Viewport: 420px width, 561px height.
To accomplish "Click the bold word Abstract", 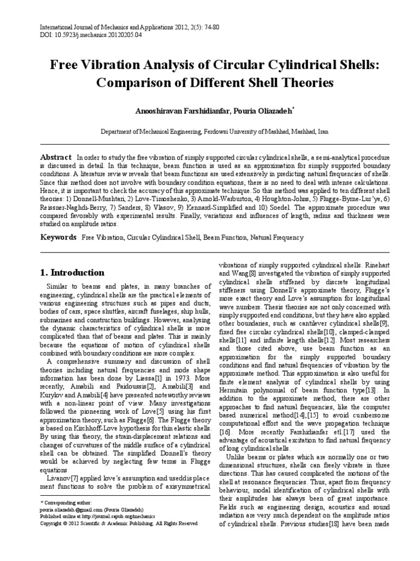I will coord(56,156).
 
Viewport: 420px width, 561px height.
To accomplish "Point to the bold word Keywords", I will coord(59,237).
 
